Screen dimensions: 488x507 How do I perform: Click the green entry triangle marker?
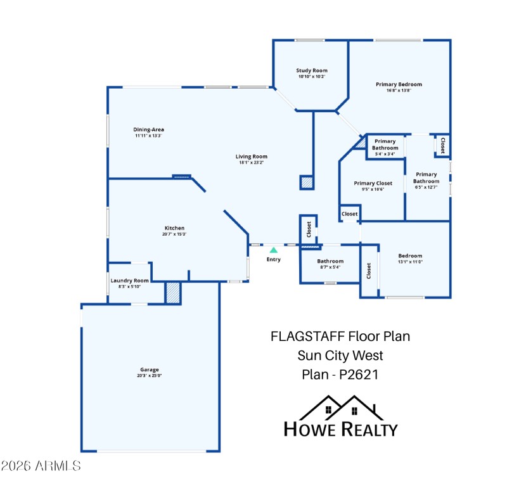tap(274, 250)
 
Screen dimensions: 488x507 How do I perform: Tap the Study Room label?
tap(312, 70)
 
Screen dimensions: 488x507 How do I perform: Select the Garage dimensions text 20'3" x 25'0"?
tap(150, 376)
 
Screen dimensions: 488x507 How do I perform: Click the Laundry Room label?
tap(129, 281)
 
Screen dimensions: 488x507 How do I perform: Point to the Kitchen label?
tap(175, 228)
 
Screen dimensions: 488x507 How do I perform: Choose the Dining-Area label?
tap(149, 129)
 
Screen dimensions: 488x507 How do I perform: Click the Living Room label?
tap(252, 157)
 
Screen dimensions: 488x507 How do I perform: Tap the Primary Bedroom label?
tap(399, 84)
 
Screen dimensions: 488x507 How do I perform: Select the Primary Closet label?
tap(373, 183)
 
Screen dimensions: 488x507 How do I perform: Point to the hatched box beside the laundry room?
tap(173, 293)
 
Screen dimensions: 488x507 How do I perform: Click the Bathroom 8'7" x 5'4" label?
tap(330, 261)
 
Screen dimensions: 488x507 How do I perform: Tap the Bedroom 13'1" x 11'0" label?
tap(410, 256)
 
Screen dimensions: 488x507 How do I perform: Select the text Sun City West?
tap(340, 356)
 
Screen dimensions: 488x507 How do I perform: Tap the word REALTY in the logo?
tap(369, 429)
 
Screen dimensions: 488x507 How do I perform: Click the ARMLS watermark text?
tap(41, 466)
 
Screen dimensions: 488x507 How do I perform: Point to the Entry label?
tap(274, 259)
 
